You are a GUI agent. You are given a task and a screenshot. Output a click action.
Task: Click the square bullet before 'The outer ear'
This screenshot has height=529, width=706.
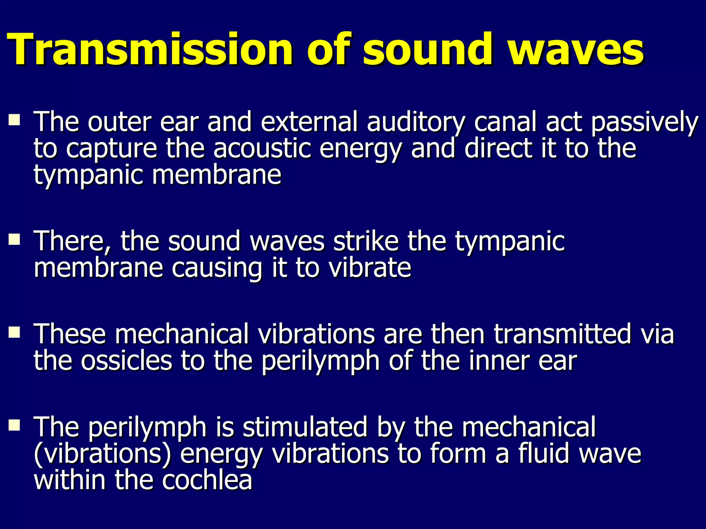click(x=14, y=120)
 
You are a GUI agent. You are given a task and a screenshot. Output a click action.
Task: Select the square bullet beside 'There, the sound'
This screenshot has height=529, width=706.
click(x=14, y=239)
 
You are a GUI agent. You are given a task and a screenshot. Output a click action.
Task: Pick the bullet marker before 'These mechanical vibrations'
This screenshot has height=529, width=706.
click(x=14, y=332)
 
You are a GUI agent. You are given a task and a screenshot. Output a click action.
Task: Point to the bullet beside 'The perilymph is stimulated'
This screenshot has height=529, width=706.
click(x=14, y=425)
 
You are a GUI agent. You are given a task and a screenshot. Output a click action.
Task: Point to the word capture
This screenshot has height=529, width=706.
click(x=111, y=149)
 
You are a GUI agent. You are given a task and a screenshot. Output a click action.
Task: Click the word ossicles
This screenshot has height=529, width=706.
click(x=127, y=361)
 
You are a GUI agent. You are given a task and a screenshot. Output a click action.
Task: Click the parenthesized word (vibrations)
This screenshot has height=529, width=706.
click(x=103, y=454)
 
